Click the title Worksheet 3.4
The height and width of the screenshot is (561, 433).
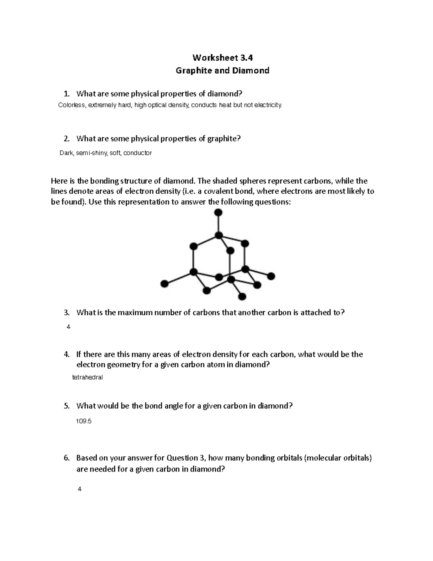[x=222, y=58]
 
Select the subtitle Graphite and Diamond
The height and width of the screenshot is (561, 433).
[x=222, y=70]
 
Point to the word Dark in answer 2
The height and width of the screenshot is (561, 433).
[x=66, y=153]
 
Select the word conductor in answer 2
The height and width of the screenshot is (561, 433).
[x=137, y=153]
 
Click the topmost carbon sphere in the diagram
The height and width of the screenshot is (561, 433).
[x=218, y=213]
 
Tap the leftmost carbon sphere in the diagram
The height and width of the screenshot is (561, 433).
[x=164, y=284]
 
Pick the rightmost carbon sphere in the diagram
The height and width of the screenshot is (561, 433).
[x=271, y=276]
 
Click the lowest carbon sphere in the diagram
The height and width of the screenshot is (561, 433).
[x=242, y=297]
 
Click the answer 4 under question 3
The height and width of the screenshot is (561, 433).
[x=69, y=327]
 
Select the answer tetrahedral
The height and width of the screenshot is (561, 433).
[x=88, y=377]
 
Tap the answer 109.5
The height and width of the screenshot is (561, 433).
[x=83, y=421]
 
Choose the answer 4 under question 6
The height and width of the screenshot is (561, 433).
[x=80, y=489]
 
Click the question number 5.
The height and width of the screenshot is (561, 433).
[x=66, y=406]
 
